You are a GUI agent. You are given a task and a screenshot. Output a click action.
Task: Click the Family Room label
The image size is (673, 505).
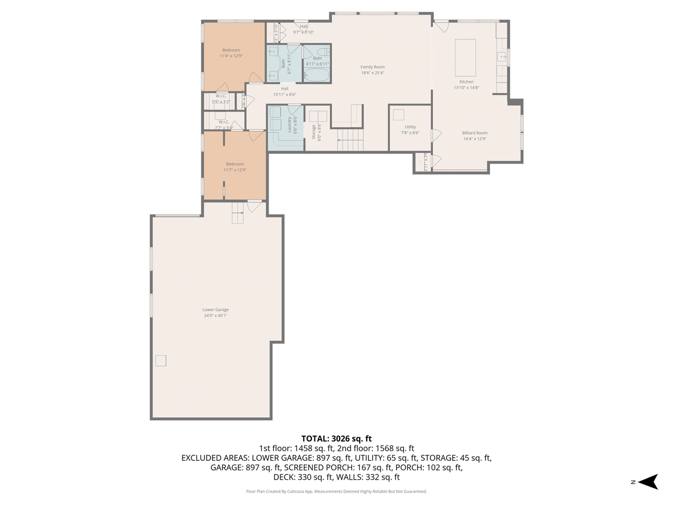pyautogui.click(x=372, y=67)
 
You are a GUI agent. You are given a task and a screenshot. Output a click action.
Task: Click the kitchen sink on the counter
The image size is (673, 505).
pyautogui.click(x=502, y=56)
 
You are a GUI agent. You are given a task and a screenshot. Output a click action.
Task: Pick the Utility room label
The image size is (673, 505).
pyautogui.click(x=410, y=127)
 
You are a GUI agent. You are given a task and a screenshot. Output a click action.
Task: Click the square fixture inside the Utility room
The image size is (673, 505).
pyautogui.click(x=399, y=115)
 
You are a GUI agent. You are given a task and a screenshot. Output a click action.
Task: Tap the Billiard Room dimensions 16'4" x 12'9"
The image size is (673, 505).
pyautogui.click(x=474, y=139)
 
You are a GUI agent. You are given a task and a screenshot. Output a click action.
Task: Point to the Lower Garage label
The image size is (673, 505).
pyautogui.click(x=216, y=310)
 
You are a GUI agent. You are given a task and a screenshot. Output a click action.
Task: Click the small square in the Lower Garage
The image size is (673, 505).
pyautogui.click(x=160, y=360)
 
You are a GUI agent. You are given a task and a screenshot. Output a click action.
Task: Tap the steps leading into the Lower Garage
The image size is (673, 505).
pyautogui.click(x=238, y=213)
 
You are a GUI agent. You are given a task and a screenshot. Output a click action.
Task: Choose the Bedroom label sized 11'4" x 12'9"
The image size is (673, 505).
pyautogui.click(x=231, y=50)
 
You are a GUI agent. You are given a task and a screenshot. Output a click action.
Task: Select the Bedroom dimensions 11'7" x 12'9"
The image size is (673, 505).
pyautogui.click(x=234, y=170)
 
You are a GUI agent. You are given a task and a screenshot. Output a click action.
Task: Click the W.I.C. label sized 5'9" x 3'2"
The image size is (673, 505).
pyautogui.click(x=220, y=96)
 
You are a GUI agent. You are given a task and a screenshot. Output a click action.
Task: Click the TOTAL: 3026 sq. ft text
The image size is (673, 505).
pyautogui.click(x=336, y=438)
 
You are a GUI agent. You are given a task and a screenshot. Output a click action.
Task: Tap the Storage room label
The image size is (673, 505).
pyautogui.click(x=313, y=132)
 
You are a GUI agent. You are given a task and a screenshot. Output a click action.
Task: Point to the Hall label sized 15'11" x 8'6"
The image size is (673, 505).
pyautogui.click(x=284, y=88)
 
